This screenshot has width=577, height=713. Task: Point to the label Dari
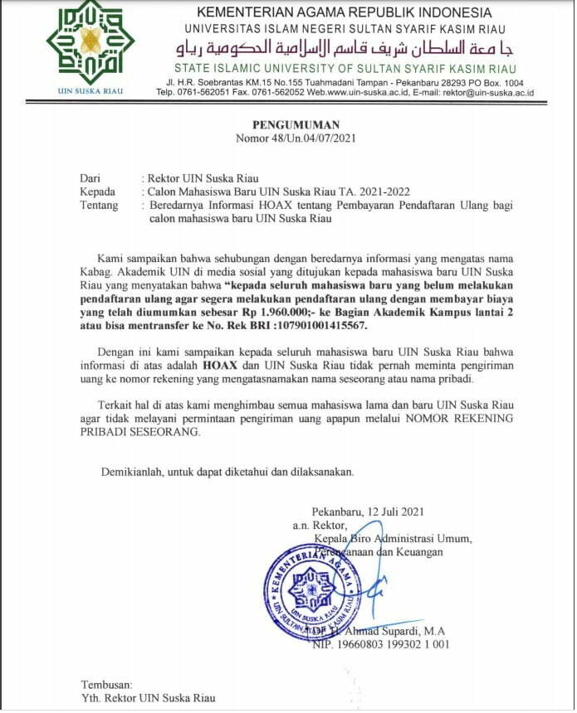pos(90,178)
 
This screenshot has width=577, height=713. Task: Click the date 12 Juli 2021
pos(393,512)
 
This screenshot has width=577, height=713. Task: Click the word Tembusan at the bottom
pos(106,684)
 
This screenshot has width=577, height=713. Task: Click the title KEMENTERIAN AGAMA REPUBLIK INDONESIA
pos(345,12)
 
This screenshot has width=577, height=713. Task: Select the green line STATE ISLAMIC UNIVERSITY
pos(345,68)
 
